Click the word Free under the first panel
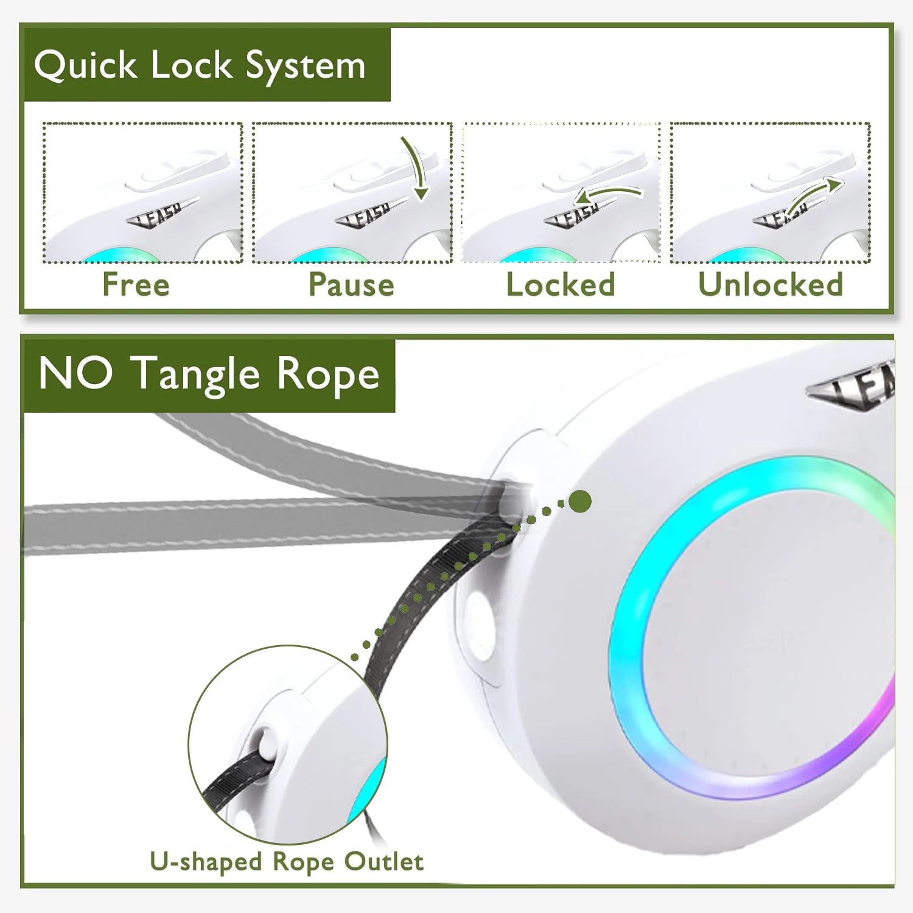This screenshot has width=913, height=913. coord(136,284)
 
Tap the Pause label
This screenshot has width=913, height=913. coord(351,284)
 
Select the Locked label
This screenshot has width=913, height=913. coord(561,284)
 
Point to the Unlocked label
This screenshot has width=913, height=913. coord(770,284)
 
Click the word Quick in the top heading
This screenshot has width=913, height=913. coord(85,66)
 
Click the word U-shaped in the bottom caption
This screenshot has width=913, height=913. coord(206,862)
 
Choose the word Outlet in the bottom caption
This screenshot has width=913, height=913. coord(383,861)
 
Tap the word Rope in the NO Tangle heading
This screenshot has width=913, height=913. coord(328,374)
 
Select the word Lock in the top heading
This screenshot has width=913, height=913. coord(191,65)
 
